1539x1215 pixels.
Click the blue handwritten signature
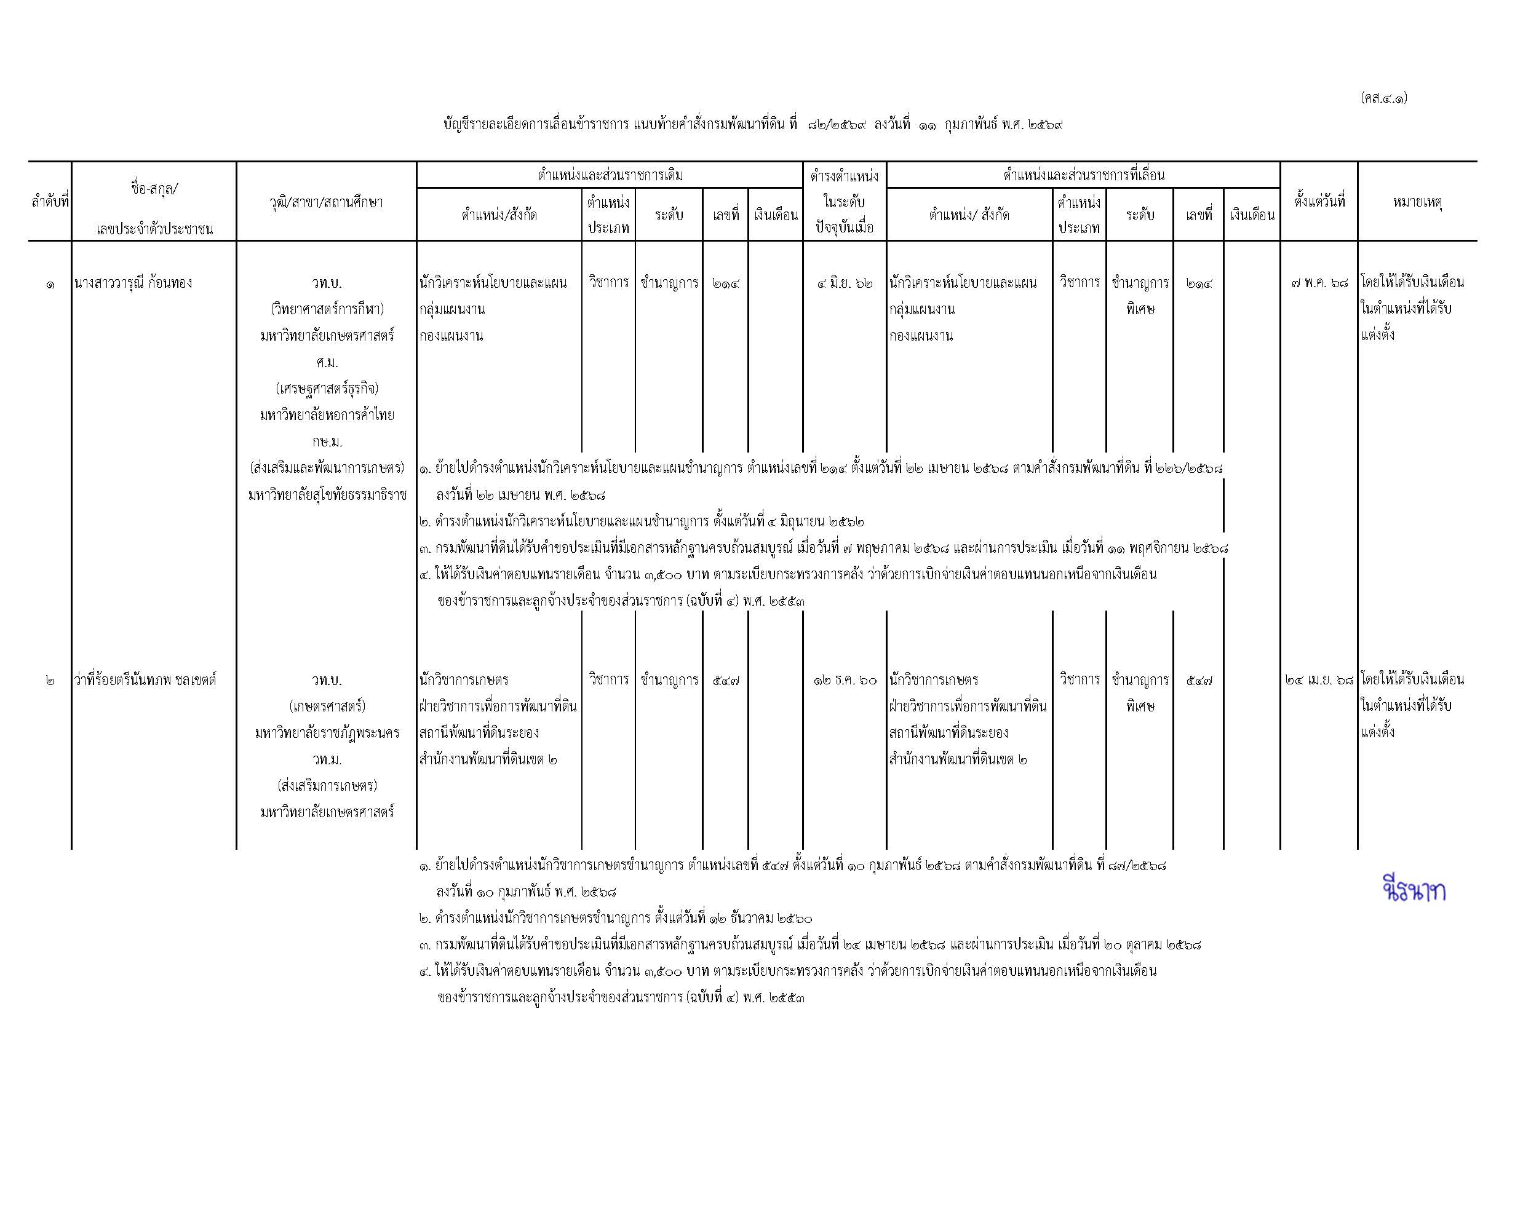1414,890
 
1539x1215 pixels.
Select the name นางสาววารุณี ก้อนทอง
133,283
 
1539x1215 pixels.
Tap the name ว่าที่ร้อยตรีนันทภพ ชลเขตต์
145,680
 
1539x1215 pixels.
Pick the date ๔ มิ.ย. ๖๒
845,283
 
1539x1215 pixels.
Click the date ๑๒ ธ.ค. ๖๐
845,680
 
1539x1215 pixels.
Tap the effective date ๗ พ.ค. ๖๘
1319,283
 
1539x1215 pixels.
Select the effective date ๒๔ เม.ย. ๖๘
1319,680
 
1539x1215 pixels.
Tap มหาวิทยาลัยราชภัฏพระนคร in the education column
327,733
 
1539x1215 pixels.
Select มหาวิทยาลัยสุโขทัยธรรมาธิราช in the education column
327,495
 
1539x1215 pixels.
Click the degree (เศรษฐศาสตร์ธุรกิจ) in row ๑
327,389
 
